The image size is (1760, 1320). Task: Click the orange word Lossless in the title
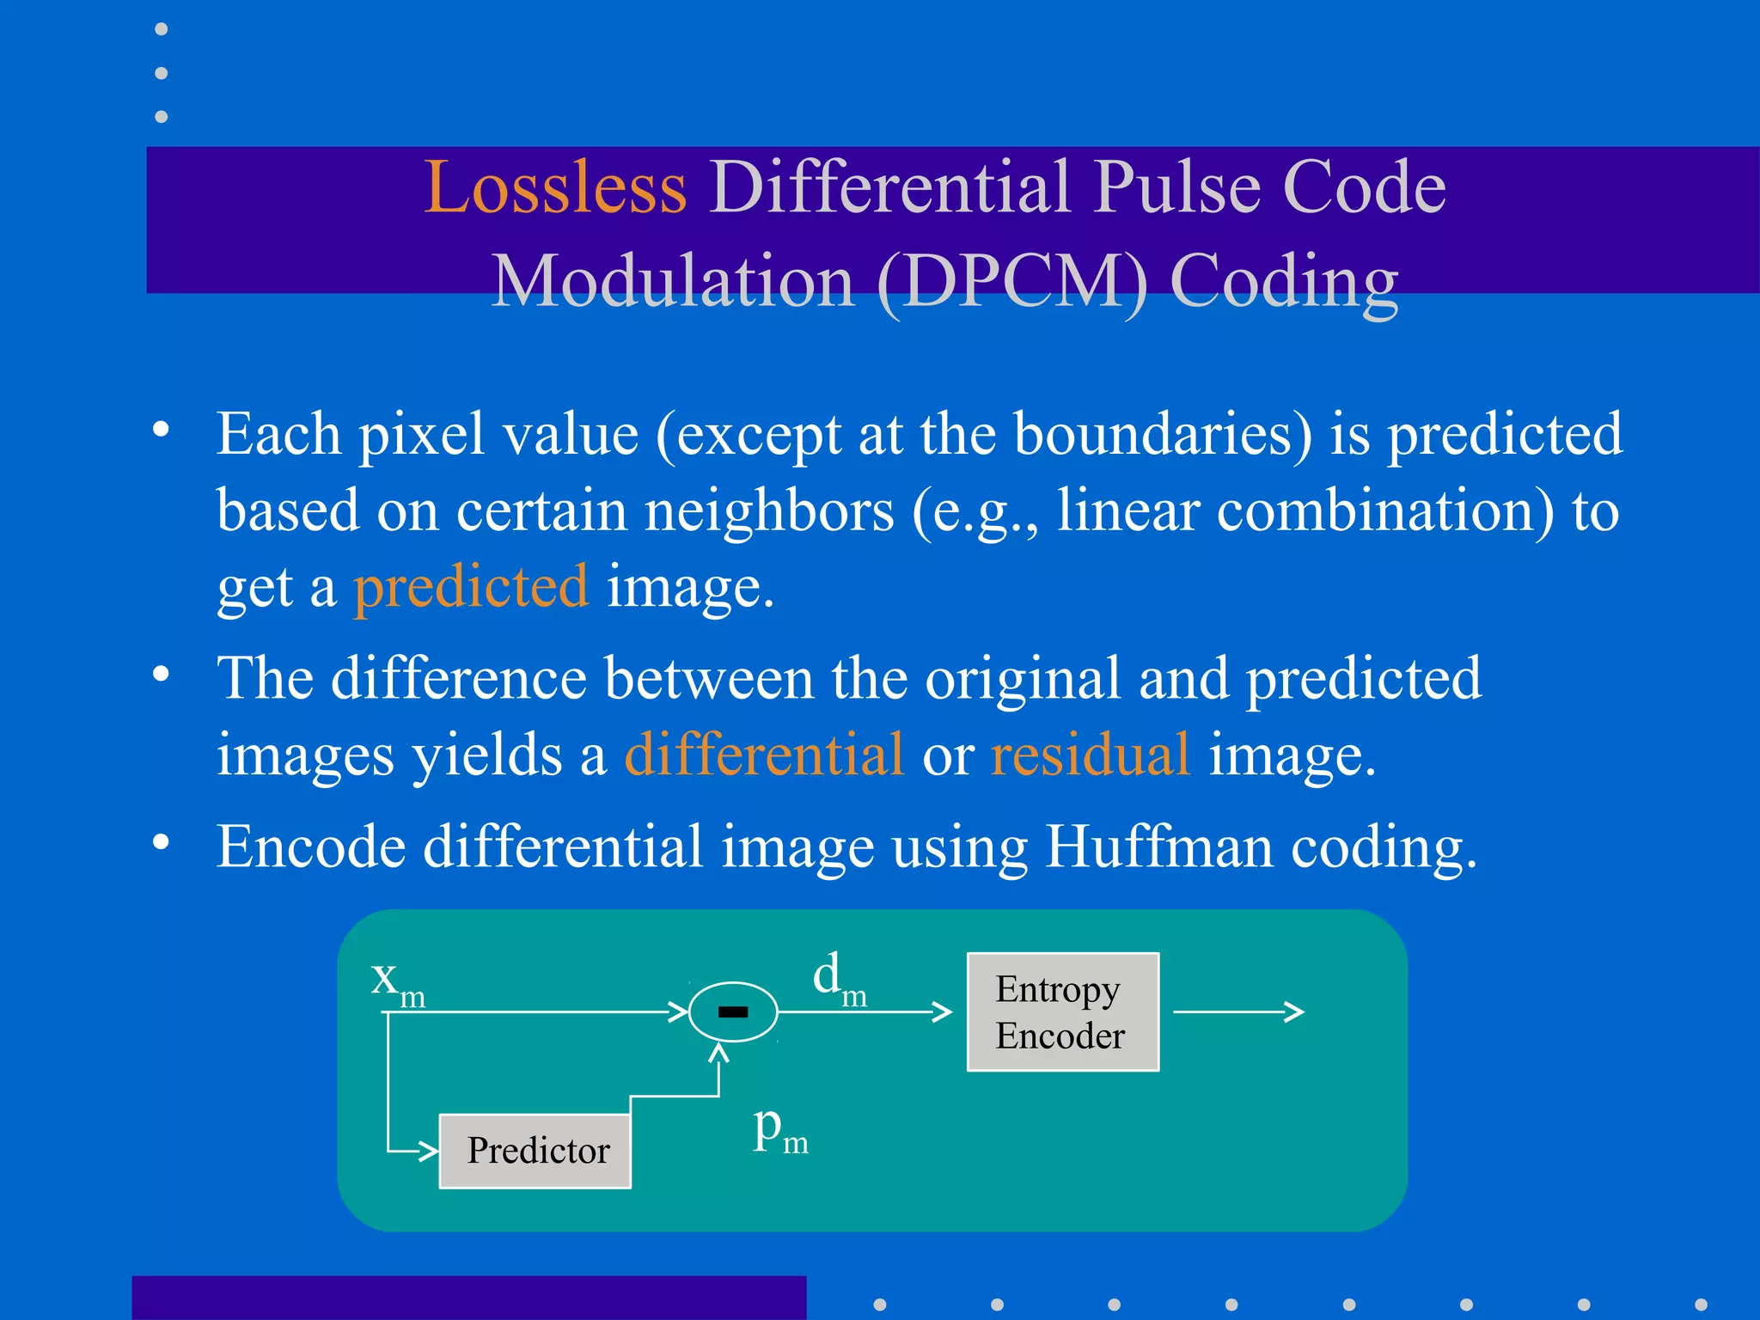coord(555,187)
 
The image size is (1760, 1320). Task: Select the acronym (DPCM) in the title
coord(1011,282)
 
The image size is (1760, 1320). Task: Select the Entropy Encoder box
coord(1062,1011)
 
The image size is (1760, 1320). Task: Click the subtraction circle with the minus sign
coord(733,1011)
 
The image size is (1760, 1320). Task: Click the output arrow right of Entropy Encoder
coord(1238,1011)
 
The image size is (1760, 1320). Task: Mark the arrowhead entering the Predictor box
coord(428,1150)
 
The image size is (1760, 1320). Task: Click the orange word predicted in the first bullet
coord(471,588)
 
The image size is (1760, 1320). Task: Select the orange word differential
coord(764,755)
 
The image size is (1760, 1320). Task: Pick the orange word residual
coord(1090,755)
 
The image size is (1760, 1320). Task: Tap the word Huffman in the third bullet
coord(1158,847)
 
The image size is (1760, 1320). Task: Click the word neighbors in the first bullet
coord(769,511)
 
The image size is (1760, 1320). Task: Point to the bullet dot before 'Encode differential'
coord(161,842)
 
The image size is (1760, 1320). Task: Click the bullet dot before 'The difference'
coord(161,675)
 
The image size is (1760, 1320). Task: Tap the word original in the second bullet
coord(1023,679)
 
